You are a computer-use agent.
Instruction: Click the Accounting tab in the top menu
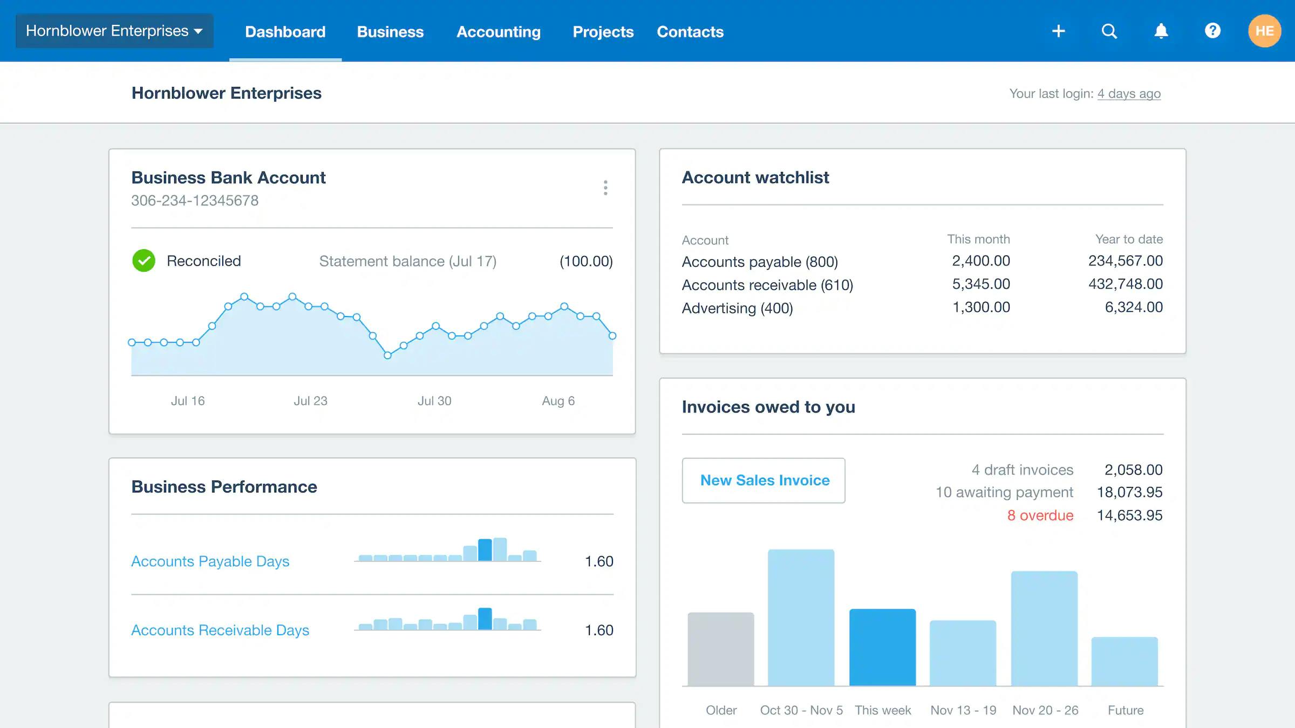pyautogui.click(x=498, y=32)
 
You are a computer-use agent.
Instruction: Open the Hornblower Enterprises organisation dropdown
pyautogui.click(x=114, y=31)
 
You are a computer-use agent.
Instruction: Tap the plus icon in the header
pyautogui.click(x=1058, y=31)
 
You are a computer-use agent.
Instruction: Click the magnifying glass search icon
pyautogui.click(x=1109, y=31)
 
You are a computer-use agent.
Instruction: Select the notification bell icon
pyautogui.click(x=1161, y=31)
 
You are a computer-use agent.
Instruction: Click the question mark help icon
pyautogui.click(x=1212, y=31)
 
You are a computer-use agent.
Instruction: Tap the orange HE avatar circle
pyautogui.click(x=1264, y=31)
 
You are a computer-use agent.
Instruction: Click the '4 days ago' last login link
pyautogui.click(x=1129, y=94)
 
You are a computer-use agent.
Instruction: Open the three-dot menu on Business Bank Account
pyautogui.click(x=605, y=188)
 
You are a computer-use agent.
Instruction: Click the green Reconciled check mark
pyautogui.click(x=144, y=261)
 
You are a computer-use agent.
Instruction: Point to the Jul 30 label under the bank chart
pyautogui.click(x=434, y=401)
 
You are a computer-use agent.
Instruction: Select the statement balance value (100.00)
pyautogui.click(x=586, y=262)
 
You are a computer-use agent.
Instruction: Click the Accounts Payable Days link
pyautogui.click(x=210, y=561)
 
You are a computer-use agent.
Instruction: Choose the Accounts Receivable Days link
pyautogui.click(x=220, y=630)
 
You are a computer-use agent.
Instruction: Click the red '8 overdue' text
pyautogui.click(x=1040, y=516)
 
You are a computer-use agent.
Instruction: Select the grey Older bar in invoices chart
pyautogui.click(x=720, y=649)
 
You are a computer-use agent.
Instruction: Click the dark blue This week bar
pyautogui.click(x=882, y=647)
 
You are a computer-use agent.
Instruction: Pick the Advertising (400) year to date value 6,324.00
pyautogui.click(x=1134, y=307)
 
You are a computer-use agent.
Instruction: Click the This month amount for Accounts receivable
pyautogui.click(x=980, y=284)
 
